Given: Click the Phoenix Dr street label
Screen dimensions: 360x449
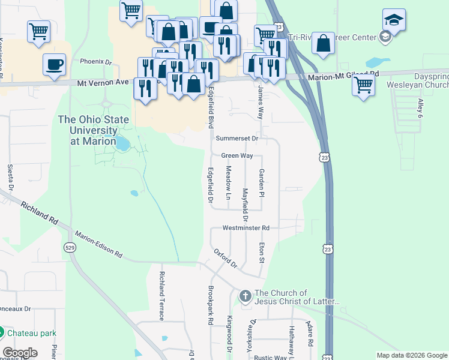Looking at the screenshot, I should click(x=96, y=62).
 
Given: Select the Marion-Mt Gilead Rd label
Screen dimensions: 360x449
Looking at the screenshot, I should click(x=344, y=76).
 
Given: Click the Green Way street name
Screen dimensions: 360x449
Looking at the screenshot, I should click(x=237, y=155).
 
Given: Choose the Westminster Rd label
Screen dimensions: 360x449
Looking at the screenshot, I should click(x=246, y=228).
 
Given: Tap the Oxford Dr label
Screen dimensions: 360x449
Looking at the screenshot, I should click(x=226, y=259).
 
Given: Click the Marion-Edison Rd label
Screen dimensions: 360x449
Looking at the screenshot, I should click(x=98, y=245).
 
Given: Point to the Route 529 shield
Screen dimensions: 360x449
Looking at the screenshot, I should click(x=70, y=247).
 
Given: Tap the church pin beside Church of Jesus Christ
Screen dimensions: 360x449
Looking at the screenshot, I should click(x=245, y=296).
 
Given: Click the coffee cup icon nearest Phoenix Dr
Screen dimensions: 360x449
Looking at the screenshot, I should click(x=54, y=64).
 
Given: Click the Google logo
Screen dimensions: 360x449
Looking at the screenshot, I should click(x=20, y=353).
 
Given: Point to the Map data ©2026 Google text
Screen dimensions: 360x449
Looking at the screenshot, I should click(x=411, y=355).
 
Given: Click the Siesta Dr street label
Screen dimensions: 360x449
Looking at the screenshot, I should click(x=10, y=173).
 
